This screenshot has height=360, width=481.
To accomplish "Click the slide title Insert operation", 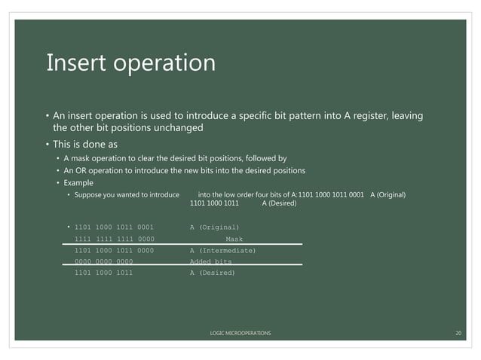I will (130, 63).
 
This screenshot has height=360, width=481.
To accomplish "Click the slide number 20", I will (458, 332).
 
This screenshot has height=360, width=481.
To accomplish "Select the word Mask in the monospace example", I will (234, 239).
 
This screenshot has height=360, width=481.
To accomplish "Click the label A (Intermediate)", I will (222, 250).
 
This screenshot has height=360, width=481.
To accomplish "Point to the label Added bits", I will (210, 261).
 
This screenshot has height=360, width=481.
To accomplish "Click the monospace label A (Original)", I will (214, 227).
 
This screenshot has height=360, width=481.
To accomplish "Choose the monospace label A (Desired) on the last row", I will (212, 273).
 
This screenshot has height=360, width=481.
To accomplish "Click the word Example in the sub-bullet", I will (78, 182).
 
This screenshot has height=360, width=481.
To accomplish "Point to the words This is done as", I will (85, 144).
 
